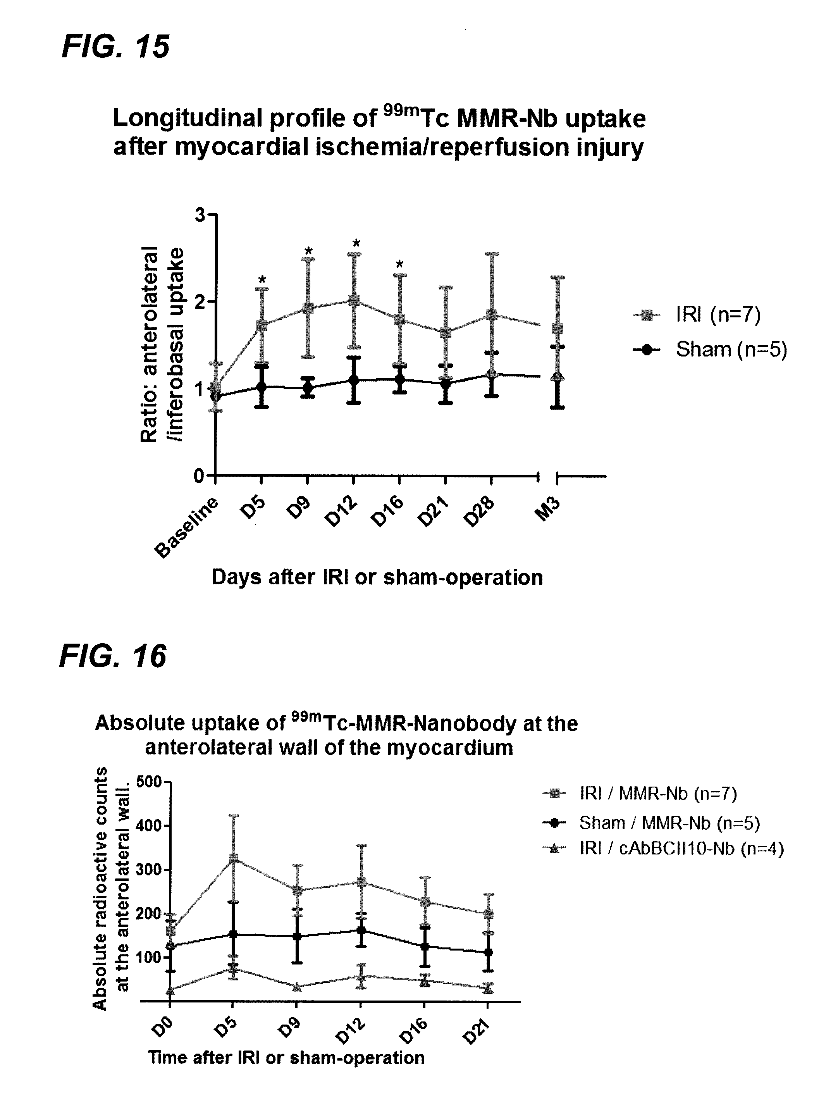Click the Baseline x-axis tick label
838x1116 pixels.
187,527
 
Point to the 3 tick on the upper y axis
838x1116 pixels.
200,215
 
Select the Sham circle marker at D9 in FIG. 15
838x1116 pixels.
308,388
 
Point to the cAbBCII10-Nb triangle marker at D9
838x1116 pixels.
297,986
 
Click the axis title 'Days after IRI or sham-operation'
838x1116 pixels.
377,577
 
